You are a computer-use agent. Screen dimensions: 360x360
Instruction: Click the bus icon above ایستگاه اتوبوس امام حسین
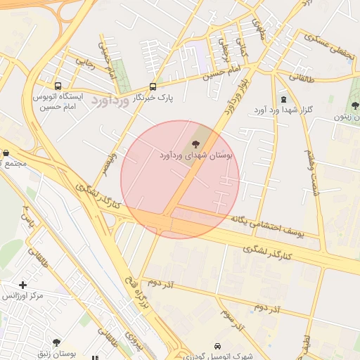pyautogui.click(x=58, y=84)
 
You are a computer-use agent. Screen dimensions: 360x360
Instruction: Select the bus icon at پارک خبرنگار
pyautogui.click(x=153, y=86)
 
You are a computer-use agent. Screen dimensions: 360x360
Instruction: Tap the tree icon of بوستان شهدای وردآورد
pyautogui.click(x=195, y=143)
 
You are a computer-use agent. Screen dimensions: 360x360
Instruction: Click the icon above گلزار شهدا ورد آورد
pyautogui.click(x=283, y=100)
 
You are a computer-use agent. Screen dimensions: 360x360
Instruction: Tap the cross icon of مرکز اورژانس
pyautogui.click(x=23, y=285)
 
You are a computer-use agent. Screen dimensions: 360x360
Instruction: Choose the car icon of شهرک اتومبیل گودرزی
pyautogui.click(x=217, y=346)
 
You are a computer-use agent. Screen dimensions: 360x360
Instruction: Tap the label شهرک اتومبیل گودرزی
pyautogui.click(x=219, y=356)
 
